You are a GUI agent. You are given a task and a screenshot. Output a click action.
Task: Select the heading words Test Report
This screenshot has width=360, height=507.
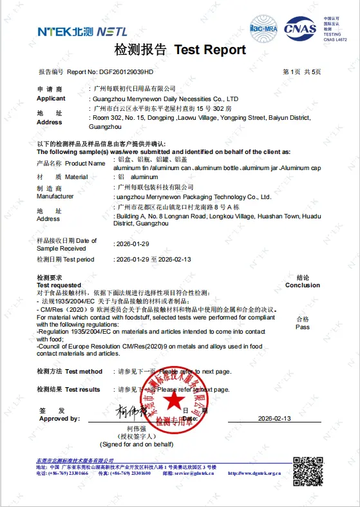(x=210, y=50)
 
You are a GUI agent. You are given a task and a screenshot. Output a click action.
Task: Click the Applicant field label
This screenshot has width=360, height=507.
(x=51, y=99)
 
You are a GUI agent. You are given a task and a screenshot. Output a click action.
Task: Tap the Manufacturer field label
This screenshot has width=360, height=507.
(x=55, y=196)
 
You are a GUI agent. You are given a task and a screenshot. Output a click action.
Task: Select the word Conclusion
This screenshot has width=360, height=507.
(x=303, y=285)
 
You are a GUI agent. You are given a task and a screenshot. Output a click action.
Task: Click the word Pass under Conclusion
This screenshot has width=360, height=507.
(x=303, y=327)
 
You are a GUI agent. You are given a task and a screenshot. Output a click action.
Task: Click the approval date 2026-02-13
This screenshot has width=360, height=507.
(x=274, y=418)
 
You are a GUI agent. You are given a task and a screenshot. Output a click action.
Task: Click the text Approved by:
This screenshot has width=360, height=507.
(x=59, y=419)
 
